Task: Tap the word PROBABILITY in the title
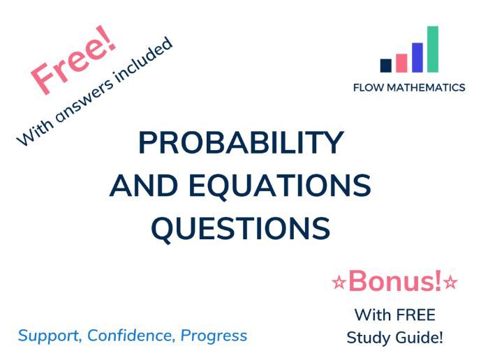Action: click(241, 143)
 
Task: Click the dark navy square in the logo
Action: click(385, 66)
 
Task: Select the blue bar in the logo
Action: click(417, 57)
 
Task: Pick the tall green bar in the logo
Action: click(433, 49)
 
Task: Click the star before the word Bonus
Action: click(339, 283)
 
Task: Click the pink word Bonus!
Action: click(395, 281)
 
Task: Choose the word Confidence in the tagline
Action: click(132, 335)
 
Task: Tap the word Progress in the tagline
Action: click(214, 336)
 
